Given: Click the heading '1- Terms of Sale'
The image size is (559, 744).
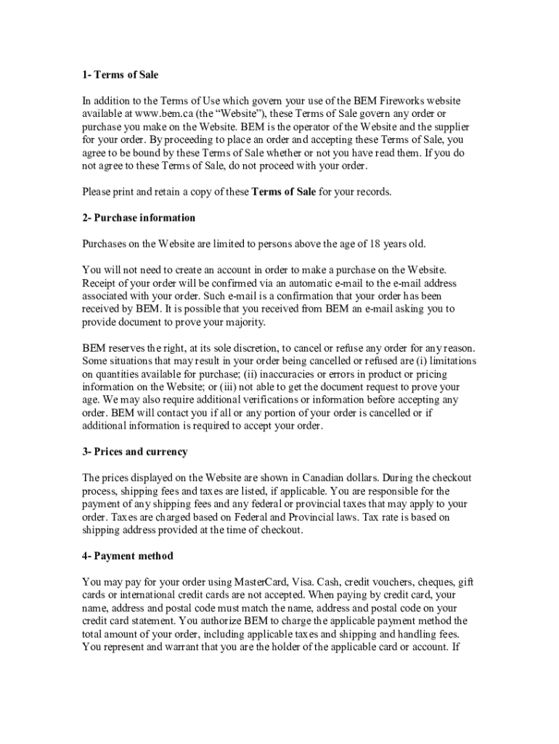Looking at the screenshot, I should [x=120, y=75].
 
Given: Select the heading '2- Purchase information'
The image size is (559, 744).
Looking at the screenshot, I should [x=139, y=218].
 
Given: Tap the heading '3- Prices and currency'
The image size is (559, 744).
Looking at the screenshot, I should [x=135, y=452].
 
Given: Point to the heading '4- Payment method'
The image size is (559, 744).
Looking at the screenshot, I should [x=128, y=556].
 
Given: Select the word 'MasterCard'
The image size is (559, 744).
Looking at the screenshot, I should [x=261, y=582].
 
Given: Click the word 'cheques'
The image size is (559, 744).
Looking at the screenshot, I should [x=431, y=582].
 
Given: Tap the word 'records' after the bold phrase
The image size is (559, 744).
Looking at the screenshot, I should [x=372, y=192].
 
